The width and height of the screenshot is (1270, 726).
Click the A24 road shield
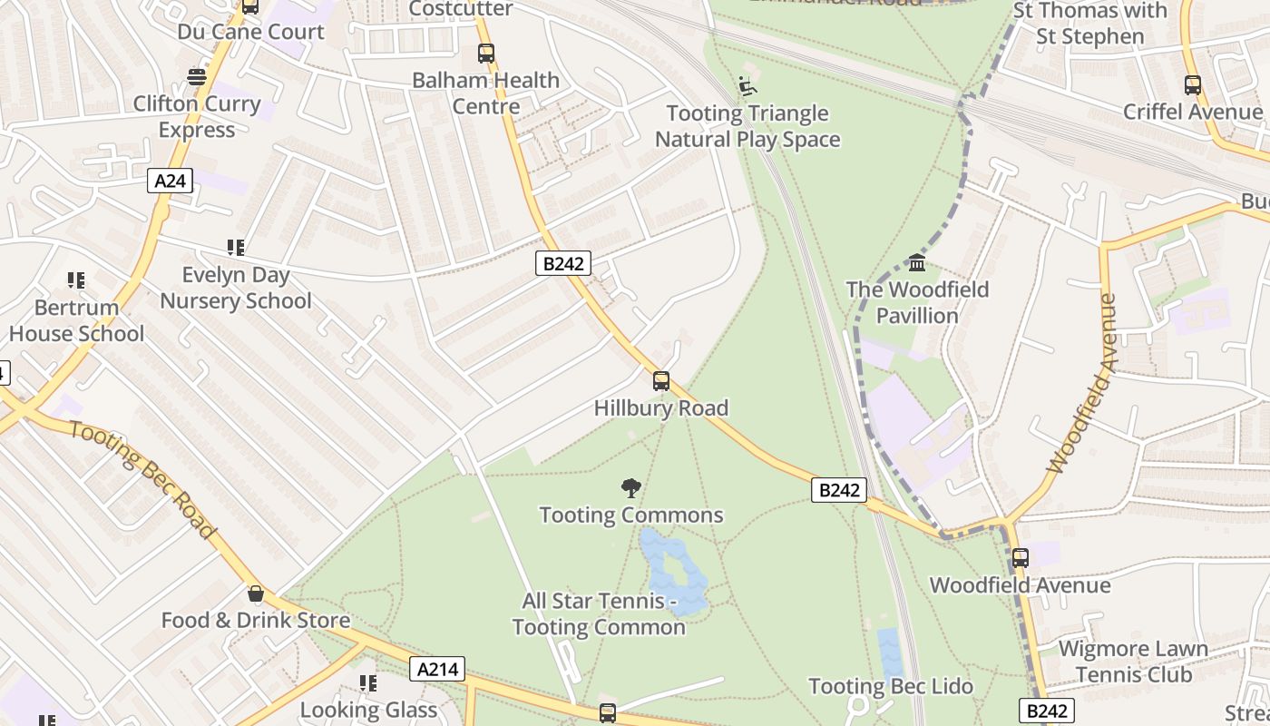click(170, 181)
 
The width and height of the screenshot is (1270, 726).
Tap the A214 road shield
click(437, 670)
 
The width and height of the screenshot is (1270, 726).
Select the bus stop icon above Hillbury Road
click(661, 381)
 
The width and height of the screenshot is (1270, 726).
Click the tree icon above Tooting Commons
click(630, 489)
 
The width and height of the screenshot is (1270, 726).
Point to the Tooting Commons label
click(631, 515)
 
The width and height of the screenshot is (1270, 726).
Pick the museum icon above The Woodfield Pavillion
click(917, 263)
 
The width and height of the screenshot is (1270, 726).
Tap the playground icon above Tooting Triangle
click(747, 86)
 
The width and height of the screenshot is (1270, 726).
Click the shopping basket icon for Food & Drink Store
click(256, 594)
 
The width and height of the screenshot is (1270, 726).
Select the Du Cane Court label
click(250, 32)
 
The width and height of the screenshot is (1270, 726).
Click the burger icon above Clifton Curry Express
click(197, 77)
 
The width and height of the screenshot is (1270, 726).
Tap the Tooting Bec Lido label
click(891, 687)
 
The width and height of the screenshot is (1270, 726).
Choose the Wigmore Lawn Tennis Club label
click(1133, 662)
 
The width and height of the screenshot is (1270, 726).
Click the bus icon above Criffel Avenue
click(1192, 85)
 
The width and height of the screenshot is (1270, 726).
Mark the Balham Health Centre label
click(485, 93)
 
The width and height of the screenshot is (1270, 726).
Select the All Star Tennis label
click(599, 614)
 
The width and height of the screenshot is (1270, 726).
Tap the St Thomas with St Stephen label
click(1089, 24)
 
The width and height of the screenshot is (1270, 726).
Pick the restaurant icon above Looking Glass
click(367, 683)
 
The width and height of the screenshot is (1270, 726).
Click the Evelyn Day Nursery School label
click(236, 288)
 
